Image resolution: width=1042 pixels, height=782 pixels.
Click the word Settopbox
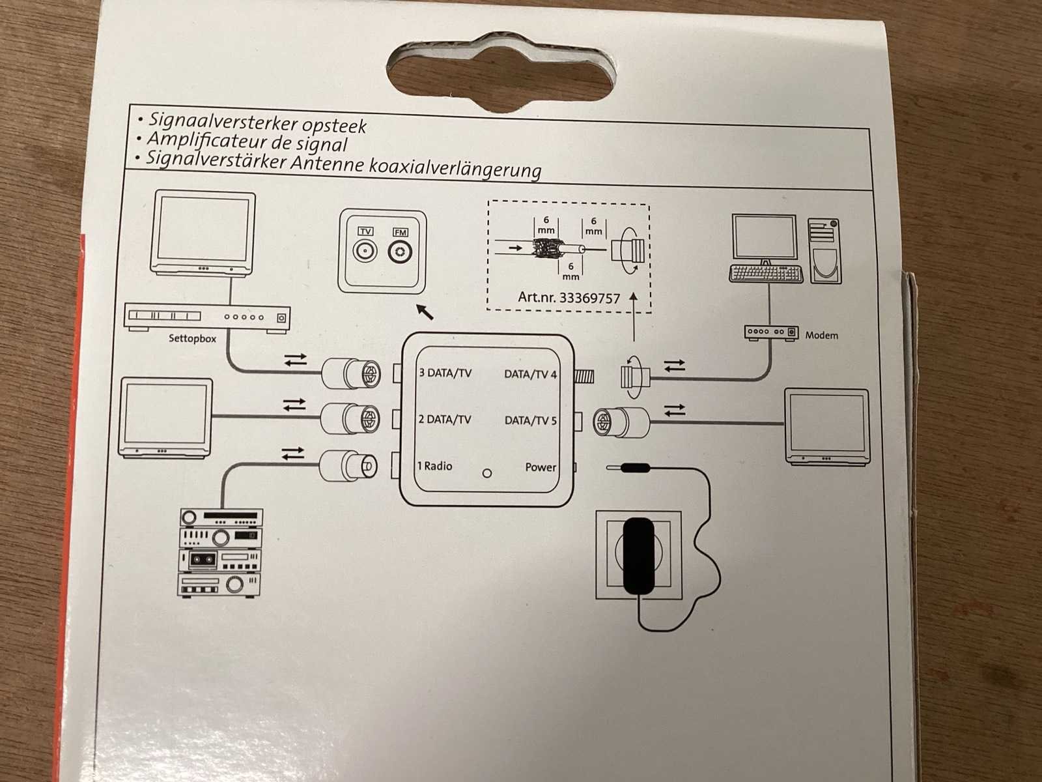pyautogui.click(x=192, y=338)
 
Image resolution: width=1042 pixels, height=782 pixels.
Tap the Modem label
pyautogui.click(x=821, y=335)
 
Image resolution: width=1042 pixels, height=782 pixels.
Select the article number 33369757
pyautogui.click(x=589, y=298)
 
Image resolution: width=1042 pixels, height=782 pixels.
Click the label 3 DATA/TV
pyautogui.click(x=445, y=373)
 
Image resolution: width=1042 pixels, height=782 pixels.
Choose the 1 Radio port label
pyautogui.click(x=434, y=466)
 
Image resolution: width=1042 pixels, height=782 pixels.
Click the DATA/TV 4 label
pyautogui.click(x=530, y=374)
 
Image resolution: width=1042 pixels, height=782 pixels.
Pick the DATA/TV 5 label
pyautogui.click(x=530, y=420)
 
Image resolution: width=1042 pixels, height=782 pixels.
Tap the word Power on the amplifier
pyautogui.click(x=541, y=467)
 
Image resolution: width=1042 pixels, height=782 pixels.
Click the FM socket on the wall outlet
pyautogui.click(x=400, y=252)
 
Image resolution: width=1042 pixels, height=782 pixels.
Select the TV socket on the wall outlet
pyautogui.click(x=365, y=251)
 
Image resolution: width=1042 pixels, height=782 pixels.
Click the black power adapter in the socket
pyautogui.click(x=638, y=555)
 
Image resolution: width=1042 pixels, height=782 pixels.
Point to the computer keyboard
pyautogui.click(x=766, y=273)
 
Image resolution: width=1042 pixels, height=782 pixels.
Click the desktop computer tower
pyautogui.click(x=824, y=250)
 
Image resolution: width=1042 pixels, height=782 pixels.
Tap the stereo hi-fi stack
pyautogui.click(x=221, y=553)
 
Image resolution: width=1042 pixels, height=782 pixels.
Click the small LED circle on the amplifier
pyautogui.click(x=486, y=473)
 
